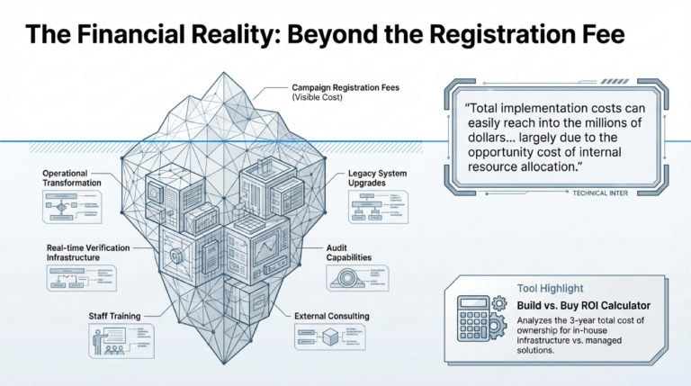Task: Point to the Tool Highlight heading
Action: click(551, 289)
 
